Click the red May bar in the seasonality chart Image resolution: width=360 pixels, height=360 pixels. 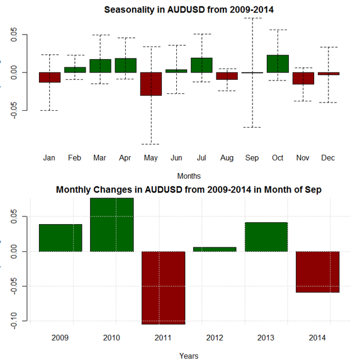pyautogui.click(x=151, y=84)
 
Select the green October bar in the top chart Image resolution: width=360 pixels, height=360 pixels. pyautogui.click(x=278, y=64)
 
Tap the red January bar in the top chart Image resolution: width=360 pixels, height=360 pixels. pyautogui.click(x=50, y=77)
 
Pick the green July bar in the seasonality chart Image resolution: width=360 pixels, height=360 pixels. pyautogui.click(x=202, y=65)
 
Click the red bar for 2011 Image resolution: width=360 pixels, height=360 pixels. pyautogui.click(x=163, y=288)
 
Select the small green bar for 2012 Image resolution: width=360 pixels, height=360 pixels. pyautogui.click(x=215, y=249)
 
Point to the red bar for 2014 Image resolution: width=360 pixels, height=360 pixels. pyautogui.click(x=318, y=272)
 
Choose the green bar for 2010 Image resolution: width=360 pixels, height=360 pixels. pyautogui.click(x=112, y=225)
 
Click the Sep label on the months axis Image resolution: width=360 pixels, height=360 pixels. pyautogui.click(x=252, y=158)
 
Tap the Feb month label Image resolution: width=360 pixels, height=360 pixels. pyautogui.click(x=74, y=158)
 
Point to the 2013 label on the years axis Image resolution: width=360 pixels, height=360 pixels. pyautogui.click(x=266, y=338)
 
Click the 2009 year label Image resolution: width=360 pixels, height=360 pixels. pyautogui.click(x=60, y=338)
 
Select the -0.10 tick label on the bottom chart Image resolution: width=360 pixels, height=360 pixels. pyautogui.click(x=14, y=321)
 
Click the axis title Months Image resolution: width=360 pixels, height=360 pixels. pyautogui.click(x=189, y=176)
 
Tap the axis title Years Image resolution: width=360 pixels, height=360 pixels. pyautogui.click(x=189, y=356)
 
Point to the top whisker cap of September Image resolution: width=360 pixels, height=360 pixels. pyautogui.click(x=252, y=18)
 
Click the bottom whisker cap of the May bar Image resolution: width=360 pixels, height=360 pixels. pyautogui.click(x=150, y=144)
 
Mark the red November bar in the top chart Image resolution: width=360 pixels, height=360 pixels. pyautogui.click(x=303, y=78)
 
